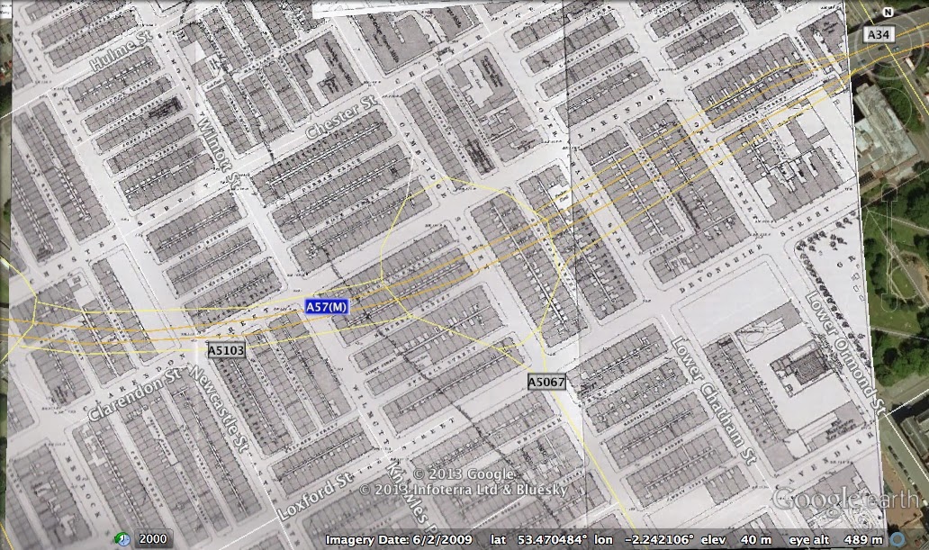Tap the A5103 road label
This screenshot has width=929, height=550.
coord(226,350)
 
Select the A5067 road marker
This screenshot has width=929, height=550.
coord(546,383)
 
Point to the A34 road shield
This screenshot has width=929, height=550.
coord(878,34)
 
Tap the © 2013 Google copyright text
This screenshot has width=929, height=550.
coord(463,474)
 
